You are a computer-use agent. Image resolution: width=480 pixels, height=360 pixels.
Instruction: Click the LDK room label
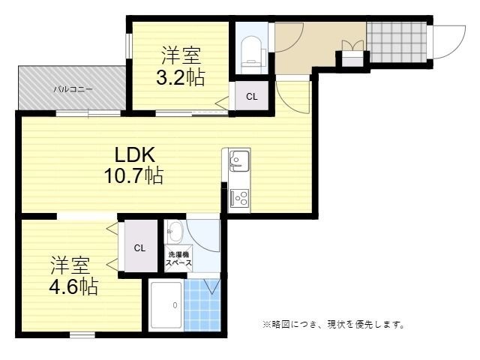point(135,155)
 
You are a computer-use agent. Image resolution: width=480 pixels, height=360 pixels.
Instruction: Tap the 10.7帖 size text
point(133,175)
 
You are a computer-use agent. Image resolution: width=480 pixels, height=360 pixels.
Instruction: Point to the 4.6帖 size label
point(73,286)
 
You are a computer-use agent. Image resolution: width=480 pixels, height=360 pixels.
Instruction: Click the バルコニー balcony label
point(73,89)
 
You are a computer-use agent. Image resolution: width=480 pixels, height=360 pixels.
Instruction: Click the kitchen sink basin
point(240,160)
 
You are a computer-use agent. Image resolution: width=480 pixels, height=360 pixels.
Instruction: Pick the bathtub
point(166,305)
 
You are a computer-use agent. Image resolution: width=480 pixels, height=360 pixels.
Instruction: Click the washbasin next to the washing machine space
point(174,232)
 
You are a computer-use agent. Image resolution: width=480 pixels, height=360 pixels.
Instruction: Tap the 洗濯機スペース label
point(178,259)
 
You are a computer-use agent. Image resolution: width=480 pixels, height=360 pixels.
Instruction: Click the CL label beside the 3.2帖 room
point(252,97)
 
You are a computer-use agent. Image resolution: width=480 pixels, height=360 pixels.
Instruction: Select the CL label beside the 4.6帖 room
point(139,248)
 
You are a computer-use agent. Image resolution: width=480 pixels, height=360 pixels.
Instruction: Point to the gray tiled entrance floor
point(397,42)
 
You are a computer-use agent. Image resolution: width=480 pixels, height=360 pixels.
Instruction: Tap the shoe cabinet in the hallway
point(352,58)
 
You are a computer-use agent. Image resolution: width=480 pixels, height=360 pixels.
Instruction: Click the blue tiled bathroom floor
point(202,305)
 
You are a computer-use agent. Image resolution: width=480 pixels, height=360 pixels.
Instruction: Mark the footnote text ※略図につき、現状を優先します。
point(334,324)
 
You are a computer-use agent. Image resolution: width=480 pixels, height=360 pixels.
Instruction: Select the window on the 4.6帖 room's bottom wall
point(82,335)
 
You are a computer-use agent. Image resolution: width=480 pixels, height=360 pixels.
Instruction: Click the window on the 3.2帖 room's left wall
point(129,46)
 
